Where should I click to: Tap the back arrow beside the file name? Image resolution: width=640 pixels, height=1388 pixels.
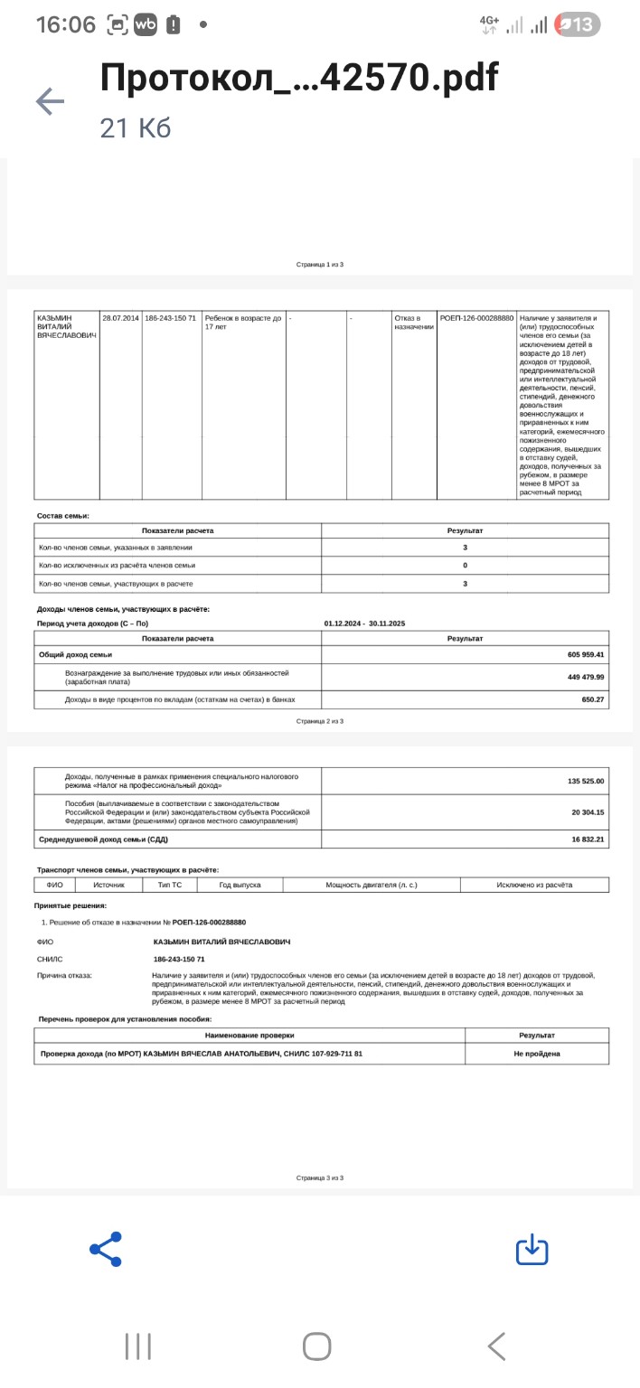(50, 101)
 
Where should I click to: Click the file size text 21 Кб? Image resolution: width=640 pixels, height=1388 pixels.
(136, 128)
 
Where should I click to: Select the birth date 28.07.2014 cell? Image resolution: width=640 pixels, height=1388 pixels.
(120, 318)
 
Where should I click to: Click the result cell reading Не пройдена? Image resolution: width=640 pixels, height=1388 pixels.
(537, 1054)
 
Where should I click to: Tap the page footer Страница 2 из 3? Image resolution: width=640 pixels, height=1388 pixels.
(320, 721)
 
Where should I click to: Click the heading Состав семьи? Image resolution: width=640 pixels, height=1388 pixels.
(63, 516)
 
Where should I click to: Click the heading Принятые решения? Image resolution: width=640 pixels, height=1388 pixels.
(71, 905)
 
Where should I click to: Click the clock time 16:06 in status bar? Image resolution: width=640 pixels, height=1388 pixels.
(65, 24)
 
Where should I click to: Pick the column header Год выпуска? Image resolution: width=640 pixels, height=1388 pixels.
(240, 885)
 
